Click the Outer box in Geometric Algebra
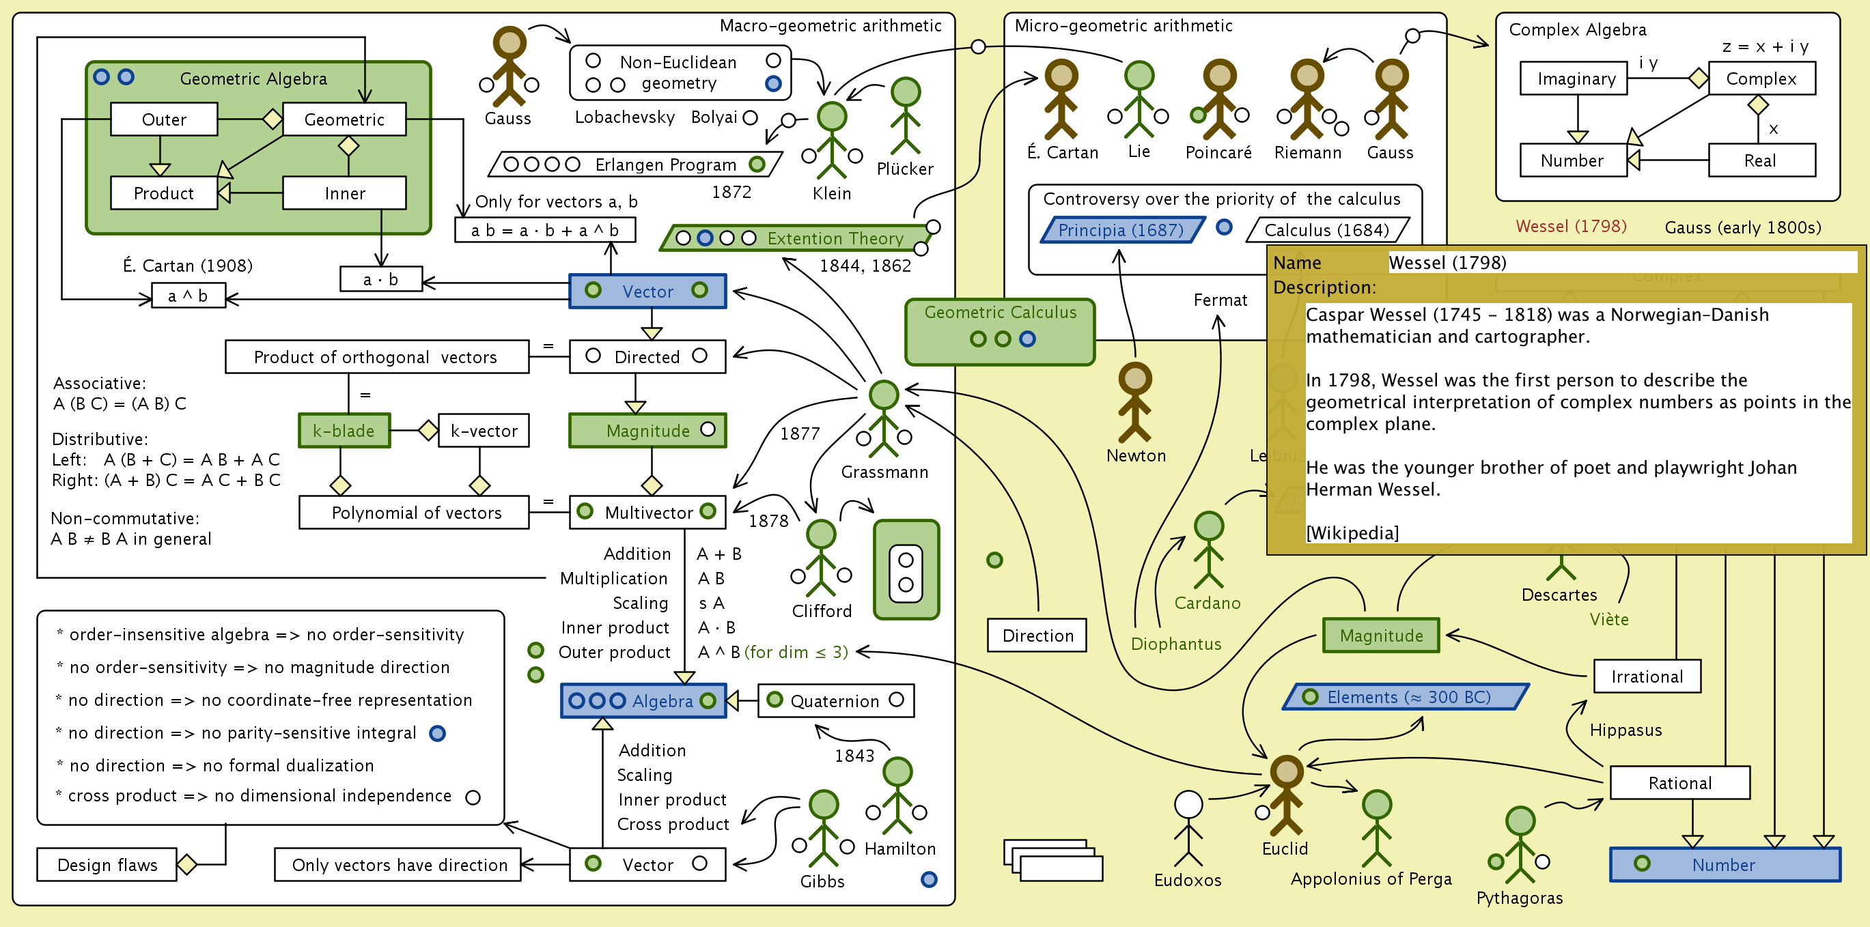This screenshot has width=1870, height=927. point(164,119)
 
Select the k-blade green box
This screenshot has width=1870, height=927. point(344,431)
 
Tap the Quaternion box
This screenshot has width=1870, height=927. point(835,700)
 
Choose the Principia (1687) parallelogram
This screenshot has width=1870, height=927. point(1121,230)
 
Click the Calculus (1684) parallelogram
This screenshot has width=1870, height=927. point(1326,230)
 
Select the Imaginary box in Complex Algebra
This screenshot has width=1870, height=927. point(1574,79)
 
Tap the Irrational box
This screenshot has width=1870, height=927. point(1647,676)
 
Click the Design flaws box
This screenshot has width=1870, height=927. point(107,865)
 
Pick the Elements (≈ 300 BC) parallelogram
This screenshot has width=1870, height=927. point(1406,697)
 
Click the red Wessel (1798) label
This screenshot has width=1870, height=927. point(1571,227)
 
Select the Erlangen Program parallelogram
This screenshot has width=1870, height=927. point(635,165)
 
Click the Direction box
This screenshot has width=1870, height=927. point(1037,636)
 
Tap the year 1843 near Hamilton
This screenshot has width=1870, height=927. point(854,756)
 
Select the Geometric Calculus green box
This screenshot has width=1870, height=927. point(1000,332)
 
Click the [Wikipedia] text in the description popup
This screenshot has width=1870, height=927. point(1352,533)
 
